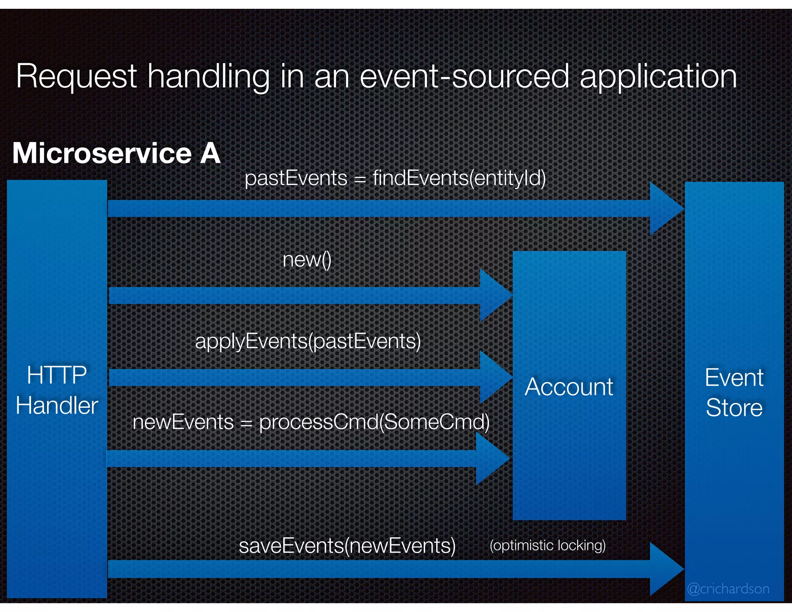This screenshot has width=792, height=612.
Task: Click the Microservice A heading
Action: [x=116, y=153]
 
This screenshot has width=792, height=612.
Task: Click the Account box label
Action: [x=569, y=386]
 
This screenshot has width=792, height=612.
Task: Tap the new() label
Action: [x=307, y=260]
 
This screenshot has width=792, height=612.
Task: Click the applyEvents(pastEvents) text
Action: [x=308, y=341]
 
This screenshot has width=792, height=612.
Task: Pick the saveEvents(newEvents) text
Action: [x=347, y=545]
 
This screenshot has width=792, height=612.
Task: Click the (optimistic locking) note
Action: [x=547, y=545]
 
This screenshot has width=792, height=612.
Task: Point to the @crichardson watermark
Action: [x=728, y=588]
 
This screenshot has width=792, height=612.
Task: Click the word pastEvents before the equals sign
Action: [x=296, y=178]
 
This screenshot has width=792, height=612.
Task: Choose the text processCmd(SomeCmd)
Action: [x=374, y=422]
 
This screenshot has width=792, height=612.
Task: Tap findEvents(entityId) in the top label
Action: [x=459, y=178]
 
